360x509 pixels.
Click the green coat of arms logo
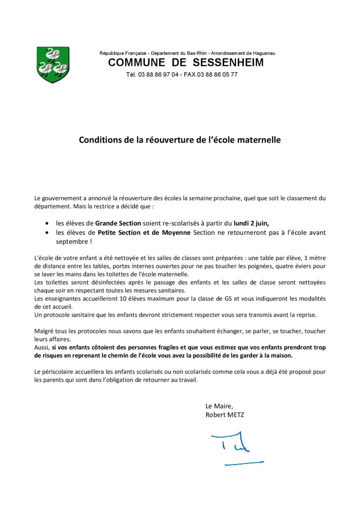[53, 64]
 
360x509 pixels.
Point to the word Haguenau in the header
[264, 53]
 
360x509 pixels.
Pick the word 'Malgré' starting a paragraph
[44, 331]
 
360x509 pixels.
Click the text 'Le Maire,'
[219, 406]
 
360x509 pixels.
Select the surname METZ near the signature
[235, 415]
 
